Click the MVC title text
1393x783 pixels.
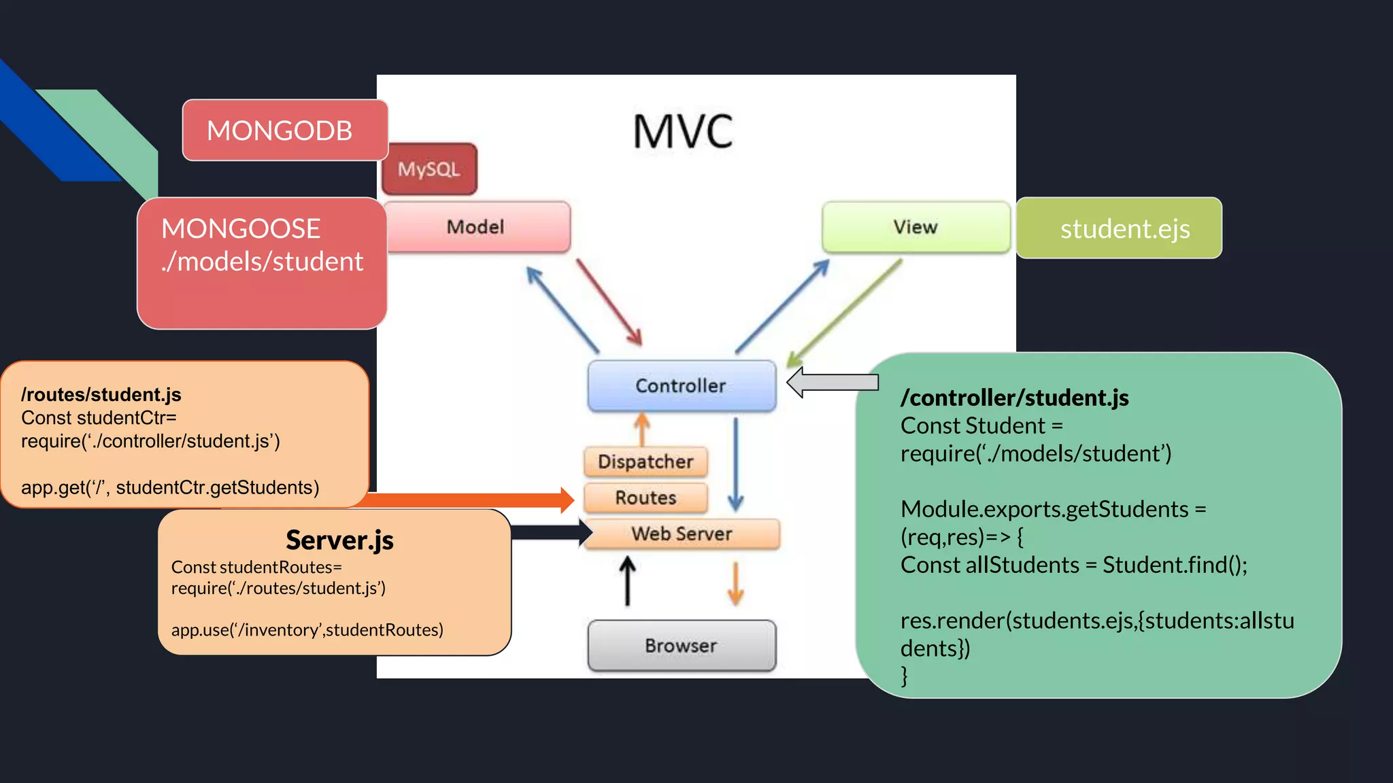pos(682,131)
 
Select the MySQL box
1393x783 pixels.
pos(429,169)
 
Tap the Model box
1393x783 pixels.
pos(476,227)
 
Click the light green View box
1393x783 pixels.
pos(916,227)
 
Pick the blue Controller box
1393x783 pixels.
pos(681,385)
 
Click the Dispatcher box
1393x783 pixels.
pos(645,462)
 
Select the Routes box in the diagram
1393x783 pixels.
pos(645,498)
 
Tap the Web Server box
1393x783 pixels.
pos(682,534)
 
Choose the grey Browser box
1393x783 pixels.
pos(681,645)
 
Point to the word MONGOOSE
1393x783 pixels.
pos(241,229)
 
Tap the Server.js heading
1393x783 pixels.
pos(339,540)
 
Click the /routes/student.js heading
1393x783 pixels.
pos(101,395)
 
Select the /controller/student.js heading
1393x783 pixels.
pos(1014,398)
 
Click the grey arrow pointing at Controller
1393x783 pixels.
pos(833,382)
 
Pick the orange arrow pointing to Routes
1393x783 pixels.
pos(469,500)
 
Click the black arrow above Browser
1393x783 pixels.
pos(627,581)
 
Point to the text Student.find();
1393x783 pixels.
pos(1175,565)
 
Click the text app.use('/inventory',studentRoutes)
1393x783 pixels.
pos(307,630)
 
